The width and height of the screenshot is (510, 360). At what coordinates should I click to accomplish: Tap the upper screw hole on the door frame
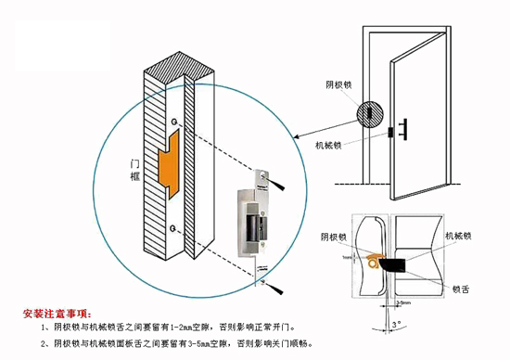(x=174, y=121)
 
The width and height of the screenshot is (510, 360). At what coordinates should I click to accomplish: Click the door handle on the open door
(x=406, y=127)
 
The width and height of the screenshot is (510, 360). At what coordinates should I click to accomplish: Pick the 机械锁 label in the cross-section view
(x=461, y=235)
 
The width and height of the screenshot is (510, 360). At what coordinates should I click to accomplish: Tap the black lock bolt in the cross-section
(x=407, y=264)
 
